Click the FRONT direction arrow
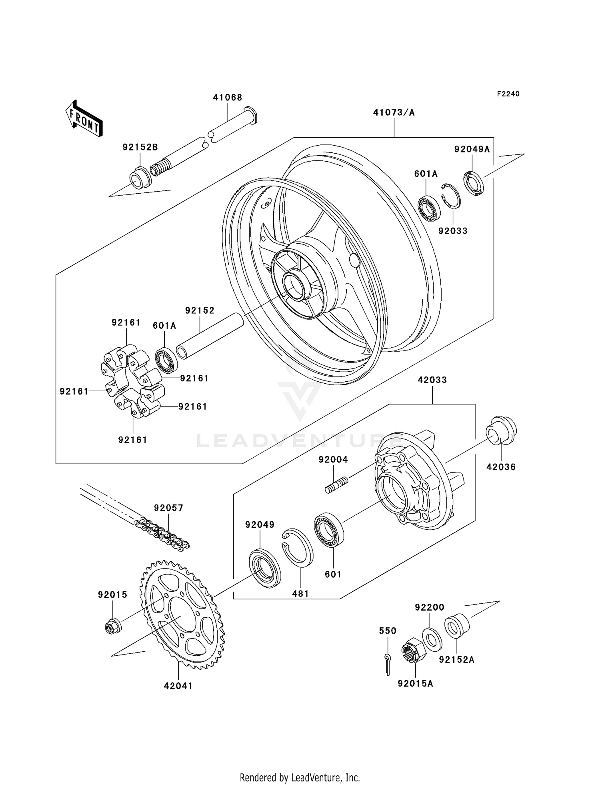pos(84,119)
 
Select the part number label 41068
pos(227,97)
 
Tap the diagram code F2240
pos(508,94)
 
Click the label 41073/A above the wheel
pos(394,112)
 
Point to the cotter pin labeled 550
pos(387,664)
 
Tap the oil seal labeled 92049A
pos(474,183)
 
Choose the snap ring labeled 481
pos(298,547)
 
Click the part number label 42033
pos(432,380)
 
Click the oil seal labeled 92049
pos(264,568)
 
